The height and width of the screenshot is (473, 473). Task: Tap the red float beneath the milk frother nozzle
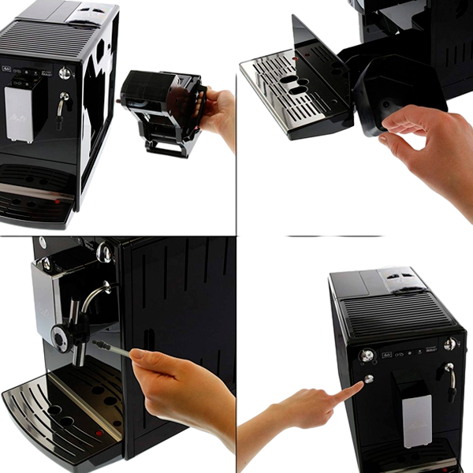[x=98, y=433]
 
